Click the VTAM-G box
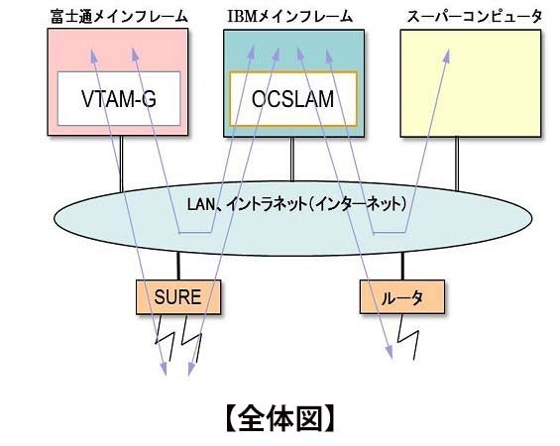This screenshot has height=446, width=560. [118, 98]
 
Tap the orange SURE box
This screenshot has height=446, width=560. [177, 295]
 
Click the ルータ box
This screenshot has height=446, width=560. [397, 295]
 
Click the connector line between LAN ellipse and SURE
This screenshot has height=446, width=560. [178, 266]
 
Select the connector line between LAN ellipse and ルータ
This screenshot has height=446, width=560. [402, 266]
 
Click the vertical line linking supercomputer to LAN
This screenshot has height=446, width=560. [457, 159]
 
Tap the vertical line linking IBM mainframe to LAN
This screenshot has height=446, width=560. [291, 159]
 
